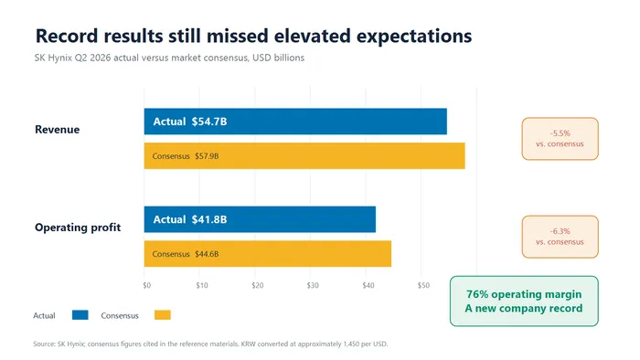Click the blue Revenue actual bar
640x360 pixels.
(295, 122)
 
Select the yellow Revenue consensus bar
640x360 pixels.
(304, 155)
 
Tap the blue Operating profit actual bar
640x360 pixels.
(260, 219)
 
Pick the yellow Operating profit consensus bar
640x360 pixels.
(268, 254)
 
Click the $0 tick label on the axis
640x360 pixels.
(147, 285)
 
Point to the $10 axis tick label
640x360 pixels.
(202, 285)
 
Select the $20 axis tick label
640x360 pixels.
(258, 285)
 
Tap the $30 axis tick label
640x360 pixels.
(313, 285)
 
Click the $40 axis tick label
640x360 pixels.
(368, 285)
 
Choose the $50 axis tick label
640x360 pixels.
(423, 285)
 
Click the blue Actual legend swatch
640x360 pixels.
(80, 315)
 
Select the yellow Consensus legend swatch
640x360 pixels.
(163, 315)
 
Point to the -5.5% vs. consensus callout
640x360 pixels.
(560, 139)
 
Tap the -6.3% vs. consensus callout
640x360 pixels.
(560, 237)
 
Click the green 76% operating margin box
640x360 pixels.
(524, 302)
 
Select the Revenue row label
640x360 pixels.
(57, 130)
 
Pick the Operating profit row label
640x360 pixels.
(78, 228)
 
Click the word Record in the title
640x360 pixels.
(67, 36)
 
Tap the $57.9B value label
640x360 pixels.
(207, 156)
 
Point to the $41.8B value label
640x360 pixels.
(209, 219)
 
